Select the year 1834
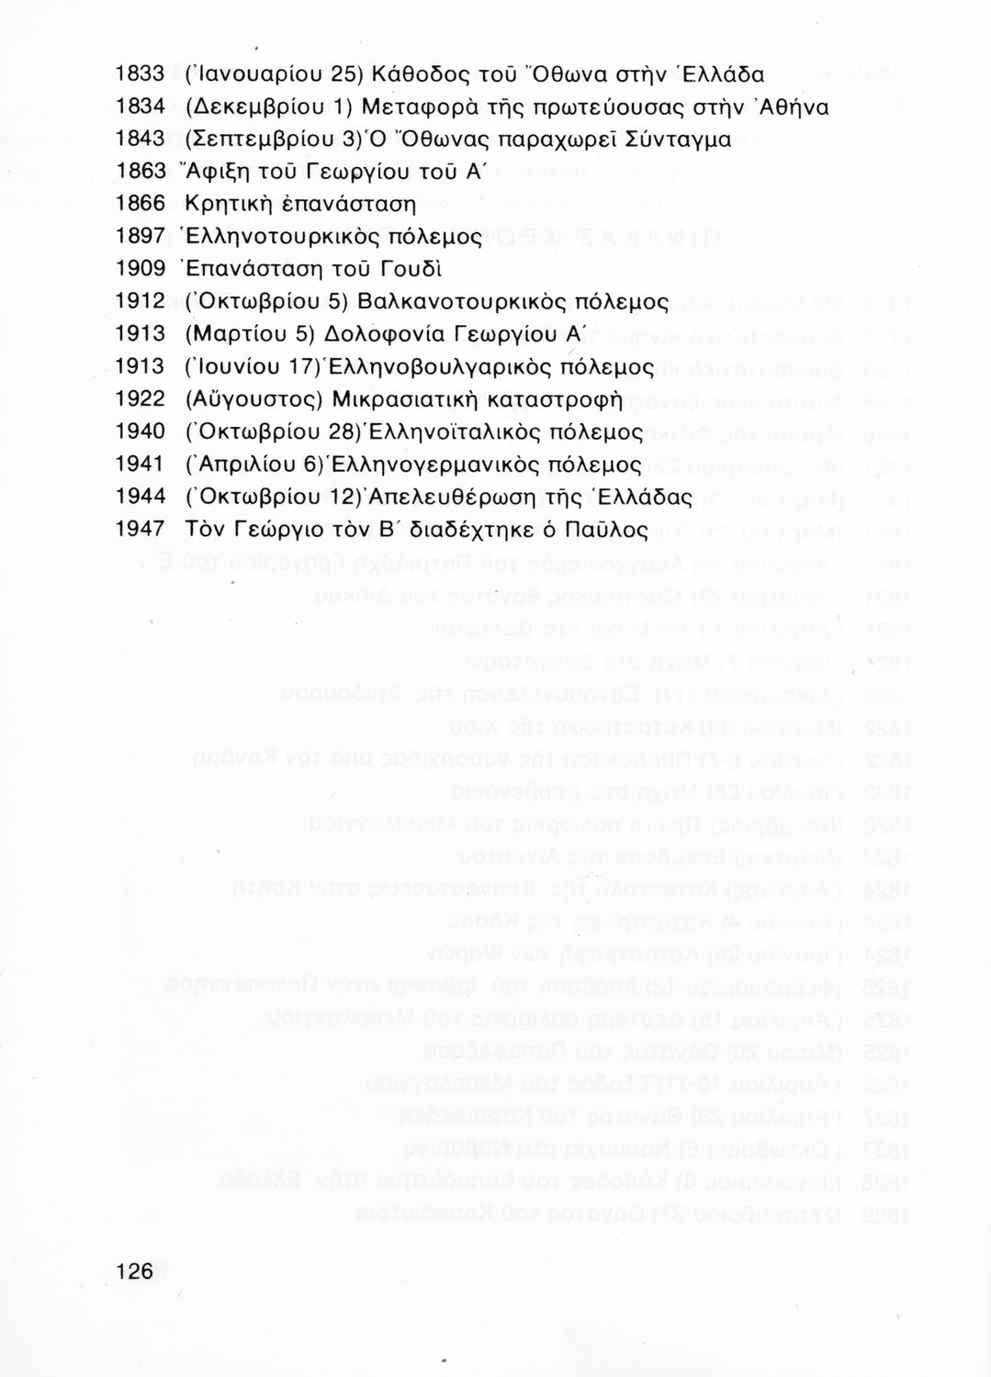[140, 107]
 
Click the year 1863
[140, 172]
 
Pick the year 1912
[140, 301]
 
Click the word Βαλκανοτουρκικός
[467, 301]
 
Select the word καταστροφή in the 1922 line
[551, 398]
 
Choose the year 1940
[140, 431]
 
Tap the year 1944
[140, 496]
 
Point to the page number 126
[134, 1270]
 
